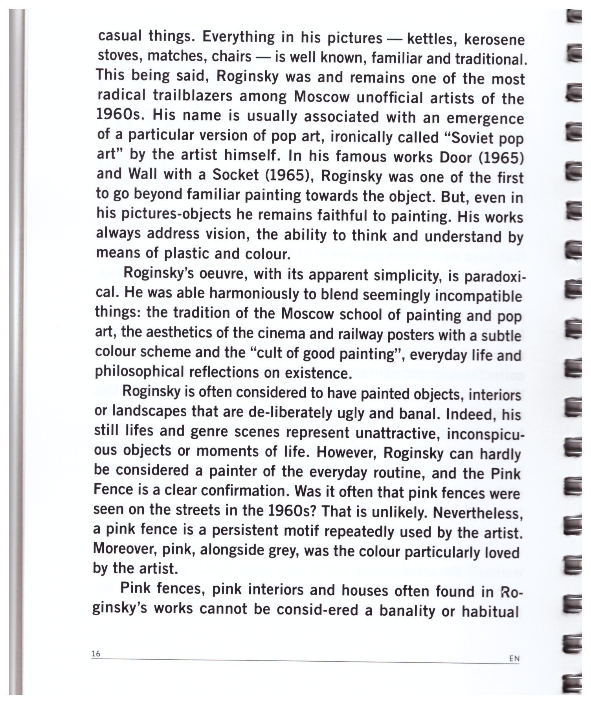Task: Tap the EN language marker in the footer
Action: coord(514,658)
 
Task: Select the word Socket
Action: coord(235,175)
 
